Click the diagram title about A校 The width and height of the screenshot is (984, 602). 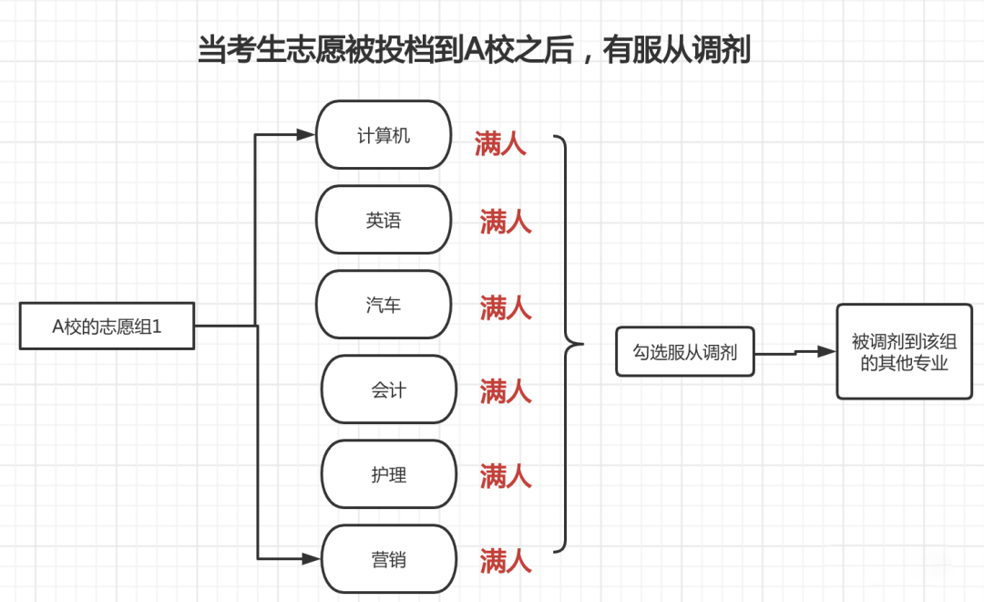click(474, 49)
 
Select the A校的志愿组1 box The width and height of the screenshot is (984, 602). click(107, 326)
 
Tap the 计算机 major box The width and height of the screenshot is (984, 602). click(384, 135)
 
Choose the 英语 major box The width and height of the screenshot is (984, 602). click(384, 220)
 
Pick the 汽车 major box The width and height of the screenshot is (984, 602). click(384, 305)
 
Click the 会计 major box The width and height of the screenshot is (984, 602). click(388, 389)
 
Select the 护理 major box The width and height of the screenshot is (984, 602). click(388, 474)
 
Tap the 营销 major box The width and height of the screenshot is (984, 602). click(388, 559)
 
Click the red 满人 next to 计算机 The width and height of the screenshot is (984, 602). click(500, 143)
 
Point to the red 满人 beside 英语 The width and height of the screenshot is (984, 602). click(506, 222)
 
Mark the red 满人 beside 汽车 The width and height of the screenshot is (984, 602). click(506, 307)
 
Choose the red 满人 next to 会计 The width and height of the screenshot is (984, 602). click(506, 392)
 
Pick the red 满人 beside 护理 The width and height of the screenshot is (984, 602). click(506, 475)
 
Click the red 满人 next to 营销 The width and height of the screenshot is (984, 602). click(506, 560)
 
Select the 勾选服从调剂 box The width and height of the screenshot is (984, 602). click(685, 352)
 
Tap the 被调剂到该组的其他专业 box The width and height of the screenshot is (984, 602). click(904, 352)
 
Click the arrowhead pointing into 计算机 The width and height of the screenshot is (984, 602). click(306, 135)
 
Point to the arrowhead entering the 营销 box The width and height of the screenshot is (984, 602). click(312, 558)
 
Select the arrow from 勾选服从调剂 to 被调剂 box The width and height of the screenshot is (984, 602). click(795, 352)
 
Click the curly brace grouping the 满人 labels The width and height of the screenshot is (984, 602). click(569, 345)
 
